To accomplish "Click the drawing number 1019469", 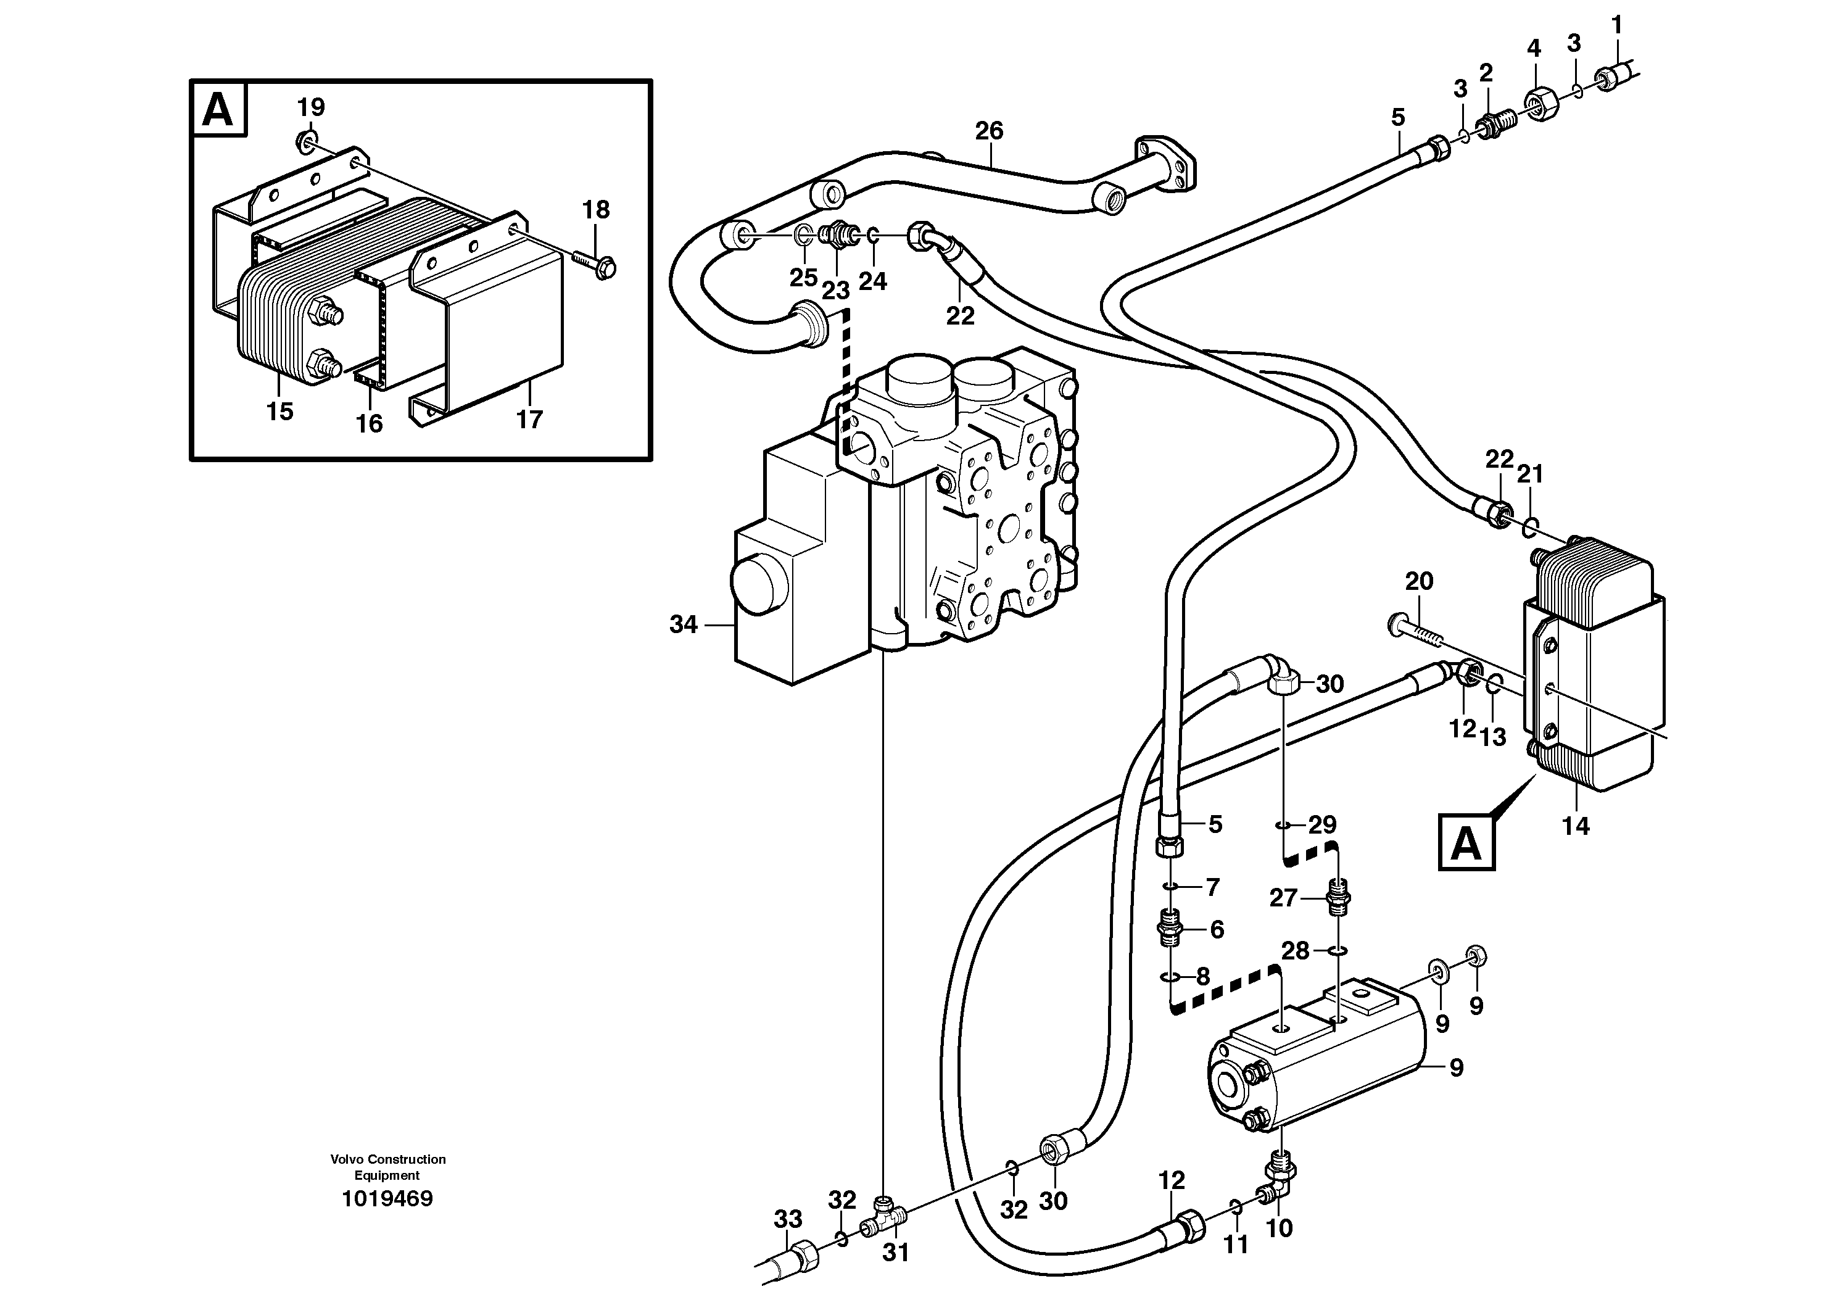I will point(387,1199).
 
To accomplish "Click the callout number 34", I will point(683,624).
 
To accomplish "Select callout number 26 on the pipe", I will point(989,130).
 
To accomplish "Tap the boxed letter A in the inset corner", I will point(218,110).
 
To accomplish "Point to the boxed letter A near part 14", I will point(1466,843).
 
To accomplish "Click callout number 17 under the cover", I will point(529,418).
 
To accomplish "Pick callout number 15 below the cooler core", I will point(280,411).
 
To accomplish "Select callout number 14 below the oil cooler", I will point(1575,825).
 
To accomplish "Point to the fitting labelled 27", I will point(1338,895).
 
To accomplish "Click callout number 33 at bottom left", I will point(788,1219).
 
